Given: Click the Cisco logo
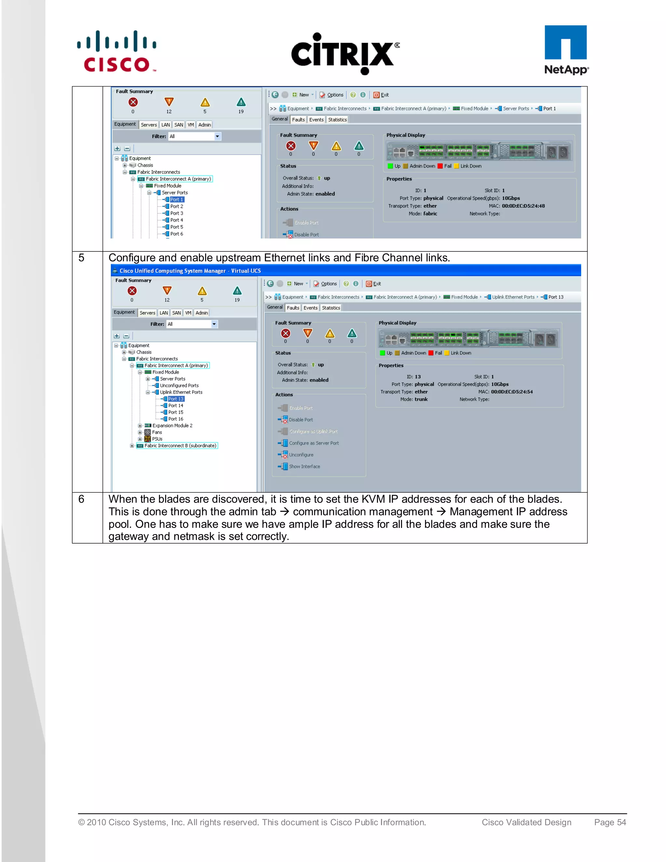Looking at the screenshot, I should (x=116, y=51).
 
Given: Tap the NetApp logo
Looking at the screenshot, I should (x=566, y=50).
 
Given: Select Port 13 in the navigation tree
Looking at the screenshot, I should (x=176, y=399).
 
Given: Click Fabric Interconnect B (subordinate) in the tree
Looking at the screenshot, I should (x=180, y=446).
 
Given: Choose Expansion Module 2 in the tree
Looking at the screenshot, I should (x=172, y=425).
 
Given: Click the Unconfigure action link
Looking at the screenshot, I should (x=301, y=455).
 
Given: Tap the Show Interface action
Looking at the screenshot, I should (x=304, y=466).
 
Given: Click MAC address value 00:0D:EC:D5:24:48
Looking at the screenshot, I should (x=523, y=206).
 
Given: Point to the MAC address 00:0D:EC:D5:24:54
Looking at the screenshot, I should (x=512, y=392).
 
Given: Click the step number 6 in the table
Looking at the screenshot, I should (x=81, y=499).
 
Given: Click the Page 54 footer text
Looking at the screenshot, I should (x=610, y=822).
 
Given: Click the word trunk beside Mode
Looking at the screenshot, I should (x=421, y=399).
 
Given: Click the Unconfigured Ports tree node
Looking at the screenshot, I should (x=179, y=385).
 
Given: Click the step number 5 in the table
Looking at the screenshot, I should (x=81, y=258).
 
